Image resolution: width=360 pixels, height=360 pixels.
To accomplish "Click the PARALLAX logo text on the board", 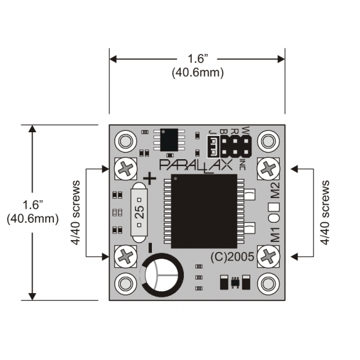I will (x=200, y=165).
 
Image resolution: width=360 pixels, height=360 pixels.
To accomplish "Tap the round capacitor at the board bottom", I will (x=161, y=275).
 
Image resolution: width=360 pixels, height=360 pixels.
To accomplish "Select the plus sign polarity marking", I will (x=149, y=178).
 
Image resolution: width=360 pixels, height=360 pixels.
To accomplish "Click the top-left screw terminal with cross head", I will (x=125, y=168).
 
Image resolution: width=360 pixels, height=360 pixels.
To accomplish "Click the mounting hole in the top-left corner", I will (x=125, y=140).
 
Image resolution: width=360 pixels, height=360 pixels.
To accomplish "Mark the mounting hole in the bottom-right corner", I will (x=268, y=282).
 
